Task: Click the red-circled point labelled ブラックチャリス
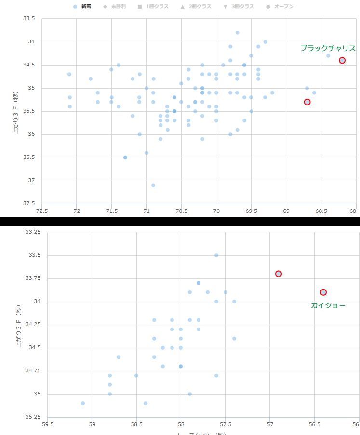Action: pyautogui.click(x=342, y=60)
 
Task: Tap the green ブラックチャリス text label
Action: pyautogui.click(x=328, y=48)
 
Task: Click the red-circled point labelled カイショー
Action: pyautogui.click(x=323, y=292)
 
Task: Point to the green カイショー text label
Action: pyautogui.click(x=328, y=305)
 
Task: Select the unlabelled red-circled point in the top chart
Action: pyautogui.click(x=307, y=102)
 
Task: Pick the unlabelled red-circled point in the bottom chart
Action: pyautogui.click(x=279, y=274)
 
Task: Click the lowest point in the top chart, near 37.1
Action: pyautogui.click(x=153, y=185)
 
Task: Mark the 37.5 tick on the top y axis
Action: pyautogui.click(x=29, y=204)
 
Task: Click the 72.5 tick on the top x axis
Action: pyautogui.click(x=42, y=211)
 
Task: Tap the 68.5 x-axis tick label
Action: pyautogui.click(x=320, y=211)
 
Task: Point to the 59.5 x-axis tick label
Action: pyautogui.click(x=48, y=424)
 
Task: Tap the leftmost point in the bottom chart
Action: pyautogui.click(x=83, y=403)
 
